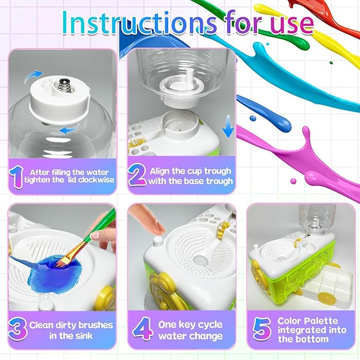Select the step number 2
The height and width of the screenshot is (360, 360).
pos(137,175)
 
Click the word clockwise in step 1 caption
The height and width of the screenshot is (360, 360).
pos(93,181)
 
